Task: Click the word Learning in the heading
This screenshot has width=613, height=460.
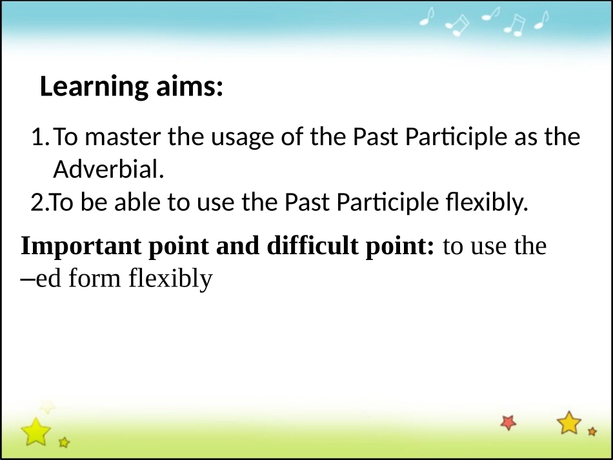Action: (x=94, y=86)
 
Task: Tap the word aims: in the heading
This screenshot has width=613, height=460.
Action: (x=190, y=86)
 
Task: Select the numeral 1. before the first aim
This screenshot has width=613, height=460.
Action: (x=41, y=137)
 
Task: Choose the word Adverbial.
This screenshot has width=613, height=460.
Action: (x=108, y=169)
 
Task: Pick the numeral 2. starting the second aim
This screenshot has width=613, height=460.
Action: (x=39, y=203)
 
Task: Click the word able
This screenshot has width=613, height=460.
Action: (x=137, y=202)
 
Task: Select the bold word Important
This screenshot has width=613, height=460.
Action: (x=81, y=246)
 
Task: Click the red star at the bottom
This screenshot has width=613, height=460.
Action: (x=508, y=423)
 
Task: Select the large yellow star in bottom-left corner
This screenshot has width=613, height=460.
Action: (x=35, y=432)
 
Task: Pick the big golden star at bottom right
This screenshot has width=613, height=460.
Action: (x=569, y=423)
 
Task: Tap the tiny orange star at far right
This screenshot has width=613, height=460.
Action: (x=592, y=432)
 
